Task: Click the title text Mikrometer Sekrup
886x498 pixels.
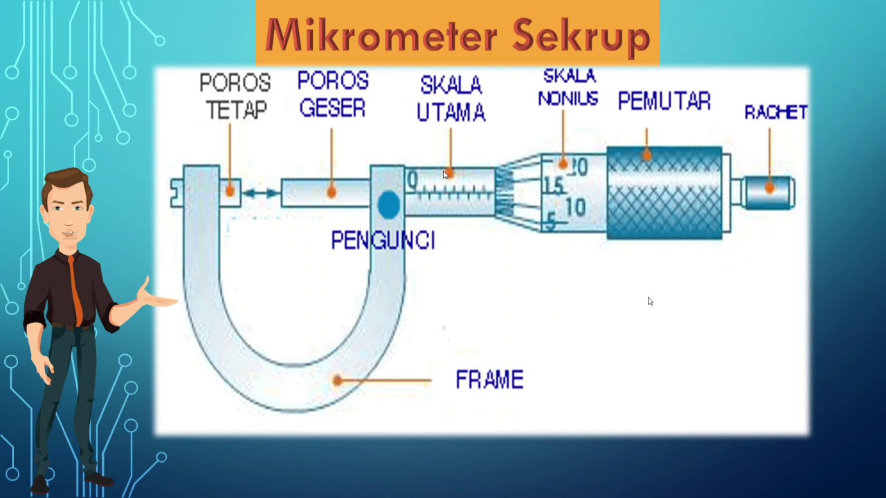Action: tap(458, 35)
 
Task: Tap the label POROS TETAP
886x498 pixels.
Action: tap(235, 96)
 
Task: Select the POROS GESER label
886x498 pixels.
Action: tap(333, 95)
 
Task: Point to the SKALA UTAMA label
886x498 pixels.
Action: tap(451, 99)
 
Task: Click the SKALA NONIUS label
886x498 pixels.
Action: tap(568, 87)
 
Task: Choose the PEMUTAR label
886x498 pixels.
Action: tap(664, 102)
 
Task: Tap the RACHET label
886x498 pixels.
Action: tap(775, 112)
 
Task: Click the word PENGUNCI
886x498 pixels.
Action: tap(383, 241)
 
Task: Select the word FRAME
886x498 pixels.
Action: tap(489, 380)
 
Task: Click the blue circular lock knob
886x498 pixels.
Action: tap(388, 205)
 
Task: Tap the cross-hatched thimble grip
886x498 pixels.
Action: tap(664, 194)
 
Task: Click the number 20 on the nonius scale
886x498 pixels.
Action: tap(578, 167)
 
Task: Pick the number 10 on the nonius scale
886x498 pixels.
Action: tap(575, 207)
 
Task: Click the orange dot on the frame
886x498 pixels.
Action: tap(337, 380)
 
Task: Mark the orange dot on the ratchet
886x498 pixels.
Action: tap(769, 187)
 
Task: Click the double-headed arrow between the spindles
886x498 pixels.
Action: tap(261, 193)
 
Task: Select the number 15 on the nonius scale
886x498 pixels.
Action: tap(553, 185)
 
